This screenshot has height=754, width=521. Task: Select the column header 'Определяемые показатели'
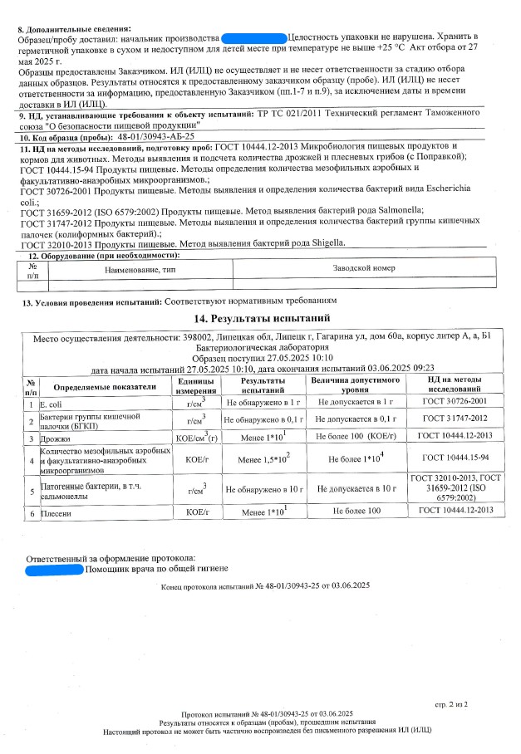click(105, 387)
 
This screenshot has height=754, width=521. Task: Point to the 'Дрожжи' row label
click(55, 436)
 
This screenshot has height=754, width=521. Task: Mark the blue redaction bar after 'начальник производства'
click(253, 38)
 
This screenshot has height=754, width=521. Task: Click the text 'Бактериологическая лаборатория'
click(261, 349)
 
